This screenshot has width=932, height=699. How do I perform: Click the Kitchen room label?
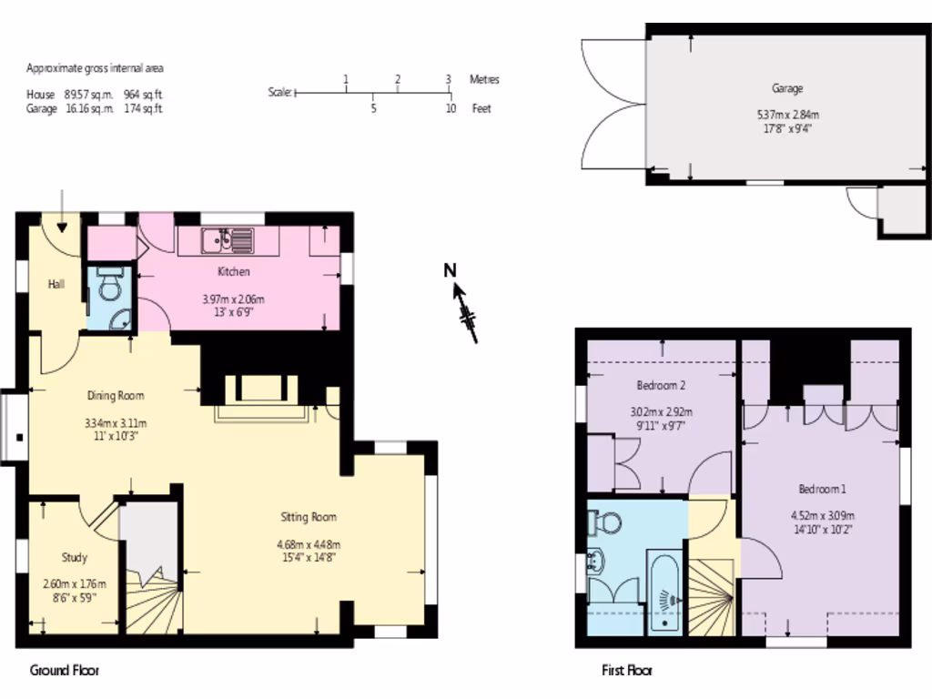pos(233,271)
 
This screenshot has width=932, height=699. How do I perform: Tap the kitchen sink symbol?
pos(228,240)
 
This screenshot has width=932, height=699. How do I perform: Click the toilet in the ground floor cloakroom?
pos(109,288)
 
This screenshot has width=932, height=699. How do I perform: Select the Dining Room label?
pos(116,395)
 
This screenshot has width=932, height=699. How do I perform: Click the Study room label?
pos(75,557)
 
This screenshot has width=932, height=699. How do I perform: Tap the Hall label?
pos(56,284)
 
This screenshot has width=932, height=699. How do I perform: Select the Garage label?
pos(787,88)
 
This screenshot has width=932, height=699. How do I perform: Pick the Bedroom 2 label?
pos(661,385)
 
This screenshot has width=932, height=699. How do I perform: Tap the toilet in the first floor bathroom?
pos(606,522)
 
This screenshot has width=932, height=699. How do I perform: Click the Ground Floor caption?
pos(64,671)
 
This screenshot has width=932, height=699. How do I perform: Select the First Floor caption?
pos(627,671)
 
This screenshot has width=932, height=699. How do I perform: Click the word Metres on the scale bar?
pos(484,80)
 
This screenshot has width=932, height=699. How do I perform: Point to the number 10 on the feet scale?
pos(451,108)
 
